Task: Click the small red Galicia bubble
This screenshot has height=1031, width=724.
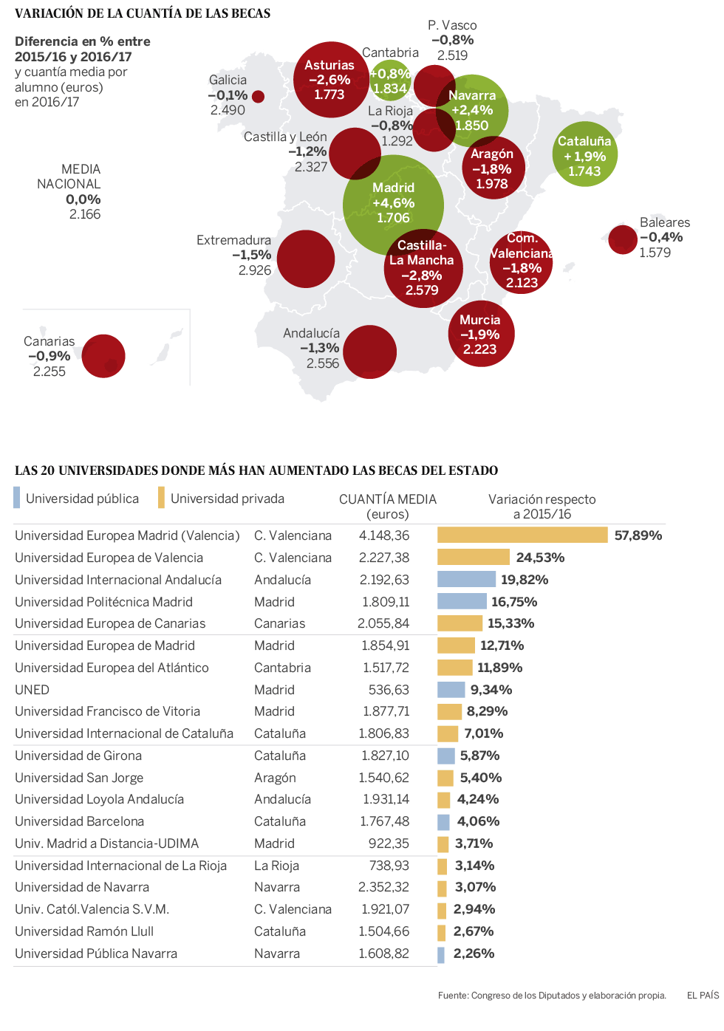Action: (x=258, y=96)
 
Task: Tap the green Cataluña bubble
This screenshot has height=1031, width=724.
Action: (x=584, y=154)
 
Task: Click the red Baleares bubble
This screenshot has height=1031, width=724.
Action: (x=623, y=239)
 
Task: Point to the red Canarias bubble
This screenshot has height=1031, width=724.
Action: (x=103, y=356)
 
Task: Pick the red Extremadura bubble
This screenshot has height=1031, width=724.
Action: (x=305, y=258)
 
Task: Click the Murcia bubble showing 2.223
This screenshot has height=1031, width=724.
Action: (x=481, y=334)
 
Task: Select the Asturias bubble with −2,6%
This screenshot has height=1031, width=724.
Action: (x=330, y=80)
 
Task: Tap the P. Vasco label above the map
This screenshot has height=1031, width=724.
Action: (x=452, y=25)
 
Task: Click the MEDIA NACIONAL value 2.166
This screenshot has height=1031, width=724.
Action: (x=85, y=214)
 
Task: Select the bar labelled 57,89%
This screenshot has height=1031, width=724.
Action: (x=522, y=535)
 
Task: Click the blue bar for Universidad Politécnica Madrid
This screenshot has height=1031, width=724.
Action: (x=462, y=601)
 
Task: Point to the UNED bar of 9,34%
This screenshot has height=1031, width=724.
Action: (x=451, y=690)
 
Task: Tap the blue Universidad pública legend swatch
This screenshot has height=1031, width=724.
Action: (x=17, y=498)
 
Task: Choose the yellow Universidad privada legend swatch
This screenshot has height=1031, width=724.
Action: (x=161, y=498)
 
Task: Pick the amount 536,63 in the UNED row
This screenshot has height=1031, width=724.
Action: (x=389, y=690)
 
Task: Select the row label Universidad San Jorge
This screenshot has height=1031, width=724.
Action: (x=79, y=778)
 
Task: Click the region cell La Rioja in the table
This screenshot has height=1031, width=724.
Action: (x=276, y=866)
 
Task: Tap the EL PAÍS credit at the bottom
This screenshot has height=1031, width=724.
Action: (x=703, y=996)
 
